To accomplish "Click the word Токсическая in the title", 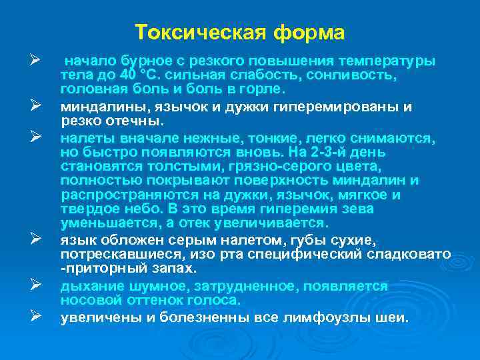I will [191, 33].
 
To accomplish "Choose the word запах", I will [175, 267].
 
